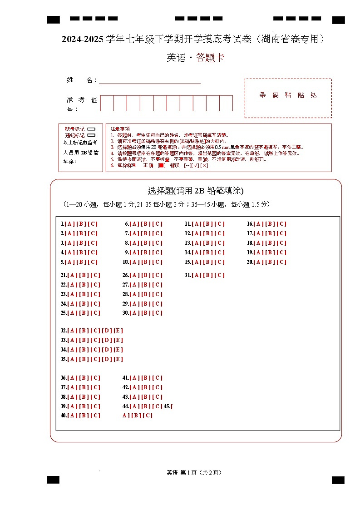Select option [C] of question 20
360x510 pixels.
click(282, 262)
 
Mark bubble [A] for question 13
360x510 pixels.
click(197, 243)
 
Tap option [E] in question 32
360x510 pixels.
click(118, 331)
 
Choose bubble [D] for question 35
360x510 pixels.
click(107, 359)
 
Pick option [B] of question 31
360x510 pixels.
click(208, 275)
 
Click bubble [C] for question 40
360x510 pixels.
click(95, 416)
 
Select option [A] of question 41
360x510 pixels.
click(134, 378)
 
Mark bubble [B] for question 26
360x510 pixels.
click(146, 275)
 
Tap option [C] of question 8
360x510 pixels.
click(157, 243)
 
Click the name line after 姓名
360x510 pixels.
click(150, 80)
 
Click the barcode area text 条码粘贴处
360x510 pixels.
click(288, 95)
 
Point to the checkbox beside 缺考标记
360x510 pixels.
click(91, 129)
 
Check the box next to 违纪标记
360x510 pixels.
click(91, 135)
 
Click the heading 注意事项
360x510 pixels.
click(120, 129)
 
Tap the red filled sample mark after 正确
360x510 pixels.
click(161, 165)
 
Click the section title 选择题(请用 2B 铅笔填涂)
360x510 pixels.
click(196, 191)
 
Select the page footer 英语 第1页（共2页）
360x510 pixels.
click(194, 472)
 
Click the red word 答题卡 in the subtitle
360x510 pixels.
click(210, 58)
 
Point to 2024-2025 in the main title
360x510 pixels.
click(83, 40)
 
